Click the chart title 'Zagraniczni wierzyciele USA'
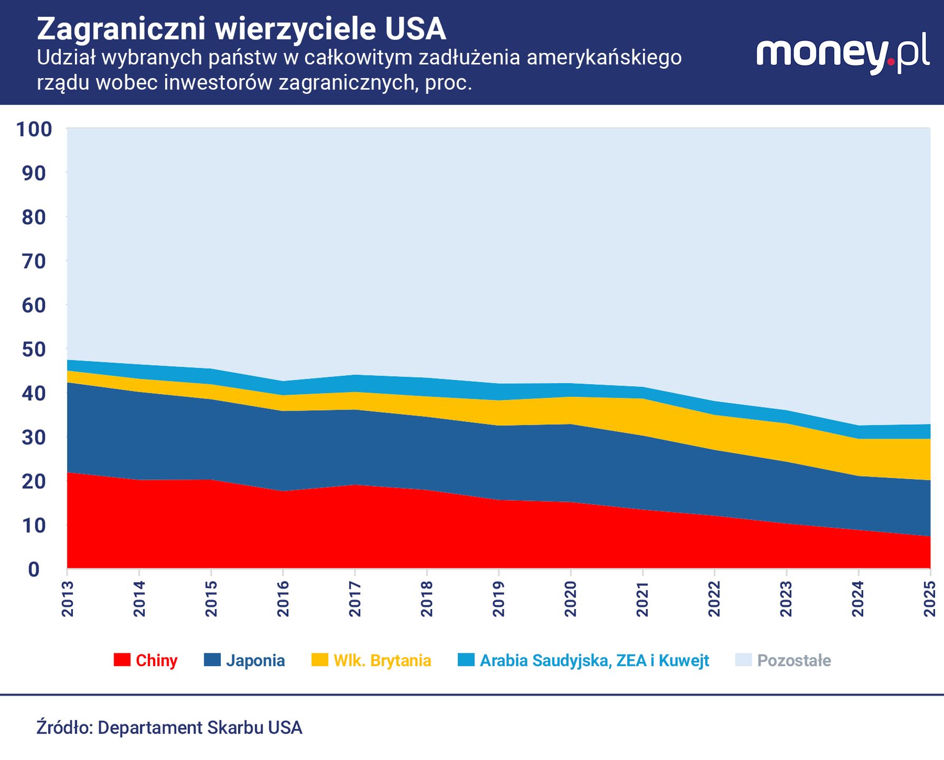click(241, 29)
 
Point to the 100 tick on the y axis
click(34, 129)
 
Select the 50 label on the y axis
click(34, 349)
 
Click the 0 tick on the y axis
click(34, 569)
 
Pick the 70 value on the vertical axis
click(34, 261)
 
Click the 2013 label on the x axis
click(68, 598)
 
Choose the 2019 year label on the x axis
click(499, 598)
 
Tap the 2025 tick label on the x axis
click(930, 598)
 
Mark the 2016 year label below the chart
click(284, 598)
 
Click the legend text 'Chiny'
click(156, 661)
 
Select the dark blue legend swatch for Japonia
click(212, 660)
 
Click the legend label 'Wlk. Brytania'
click(382, 661)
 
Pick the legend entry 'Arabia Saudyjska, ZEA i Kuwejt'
click(594, 661)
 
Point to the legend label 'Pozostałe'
click(794, 661)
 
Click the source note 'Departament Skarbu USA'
click(200, 728)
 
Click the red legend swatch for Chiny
click(122, 660)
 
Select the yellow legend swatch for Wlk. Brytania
click(320, 660)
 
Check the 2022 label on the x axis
click(714, 598)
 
